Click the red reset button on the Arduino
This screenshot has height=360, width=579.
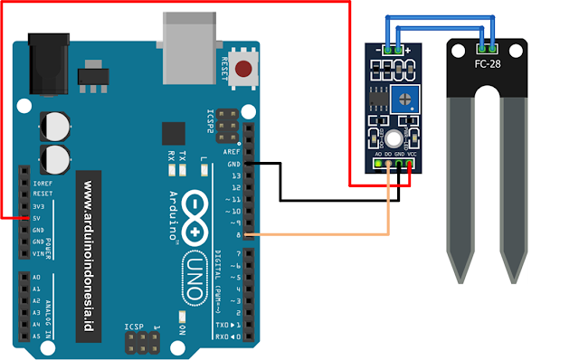(242, 68)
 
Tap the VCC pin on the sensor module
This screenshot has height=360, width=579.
(412, 165)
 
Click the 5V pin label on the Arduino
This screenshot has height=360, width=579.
(37, 218)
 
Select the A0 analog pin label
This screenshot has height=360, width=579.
(36, 277)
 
